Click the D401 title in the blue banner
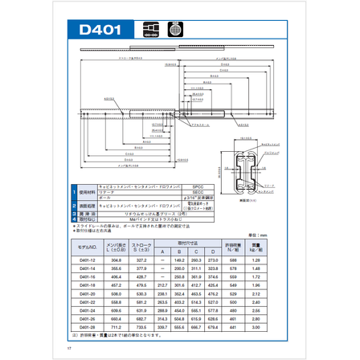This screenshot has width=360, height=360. [x=100, y=31]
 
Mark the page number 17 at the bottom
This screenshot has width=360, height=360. [x=70, y=348]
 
